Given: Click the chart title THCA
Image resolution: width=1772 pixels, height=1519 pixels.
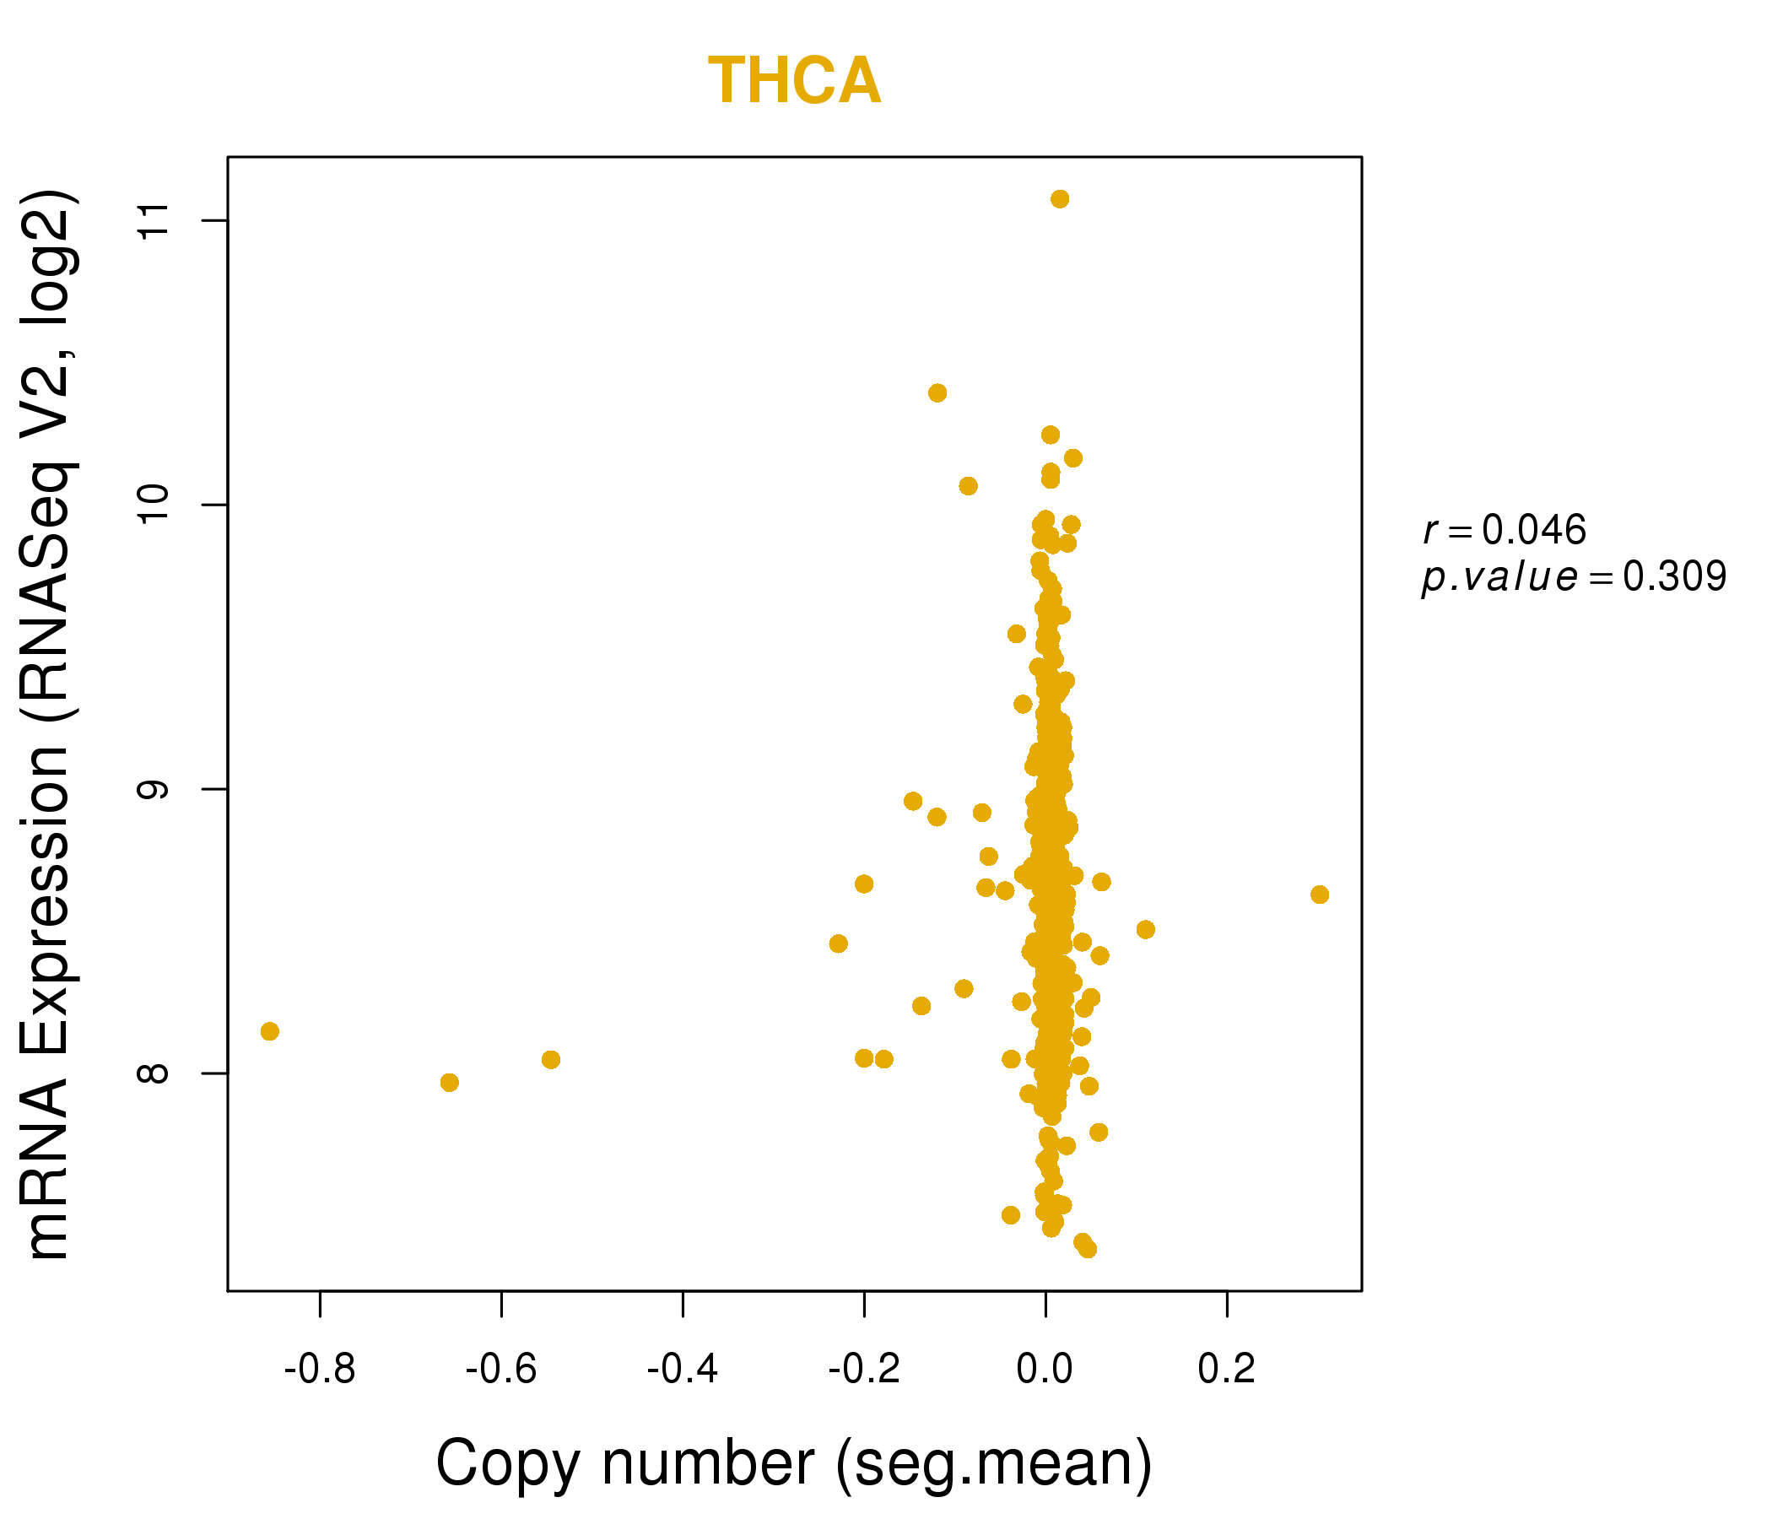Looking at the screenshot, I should (x=794, y=81).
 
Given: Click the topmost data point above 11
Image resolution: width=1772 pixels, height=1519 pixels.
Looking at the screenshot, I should (x=1060, y=199).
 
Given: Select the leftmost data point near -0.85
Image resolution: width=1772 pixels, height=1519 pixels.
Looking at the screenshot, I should (x=269, y=1031).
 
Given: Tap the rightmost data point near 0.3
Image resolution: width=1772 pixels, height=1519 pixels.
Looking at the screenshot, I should (x=1320, y=895).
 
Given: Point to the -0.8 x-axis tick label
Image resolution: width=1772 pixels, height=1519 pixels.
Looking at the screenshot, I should (x=319, y=1370).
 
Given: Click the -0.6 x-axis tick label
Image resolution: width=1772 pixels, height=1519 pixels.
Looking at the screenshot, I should (x=500, y=1370).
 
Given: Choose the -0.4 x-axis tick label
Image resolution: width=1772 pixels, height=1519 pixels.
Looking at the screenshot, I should (x=683, y=1370).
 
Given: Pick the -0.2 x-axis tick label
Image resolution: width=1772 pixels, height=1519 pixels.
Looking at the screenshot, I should (x=864, y=1370).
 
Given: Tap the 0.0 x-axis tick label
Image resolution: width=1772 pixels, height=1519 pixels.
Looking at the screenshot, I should (x=1045, y=1370).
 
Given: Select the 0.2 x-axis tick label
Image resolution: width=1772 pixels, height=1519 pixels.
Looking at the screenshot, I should (x=1226, y=1370).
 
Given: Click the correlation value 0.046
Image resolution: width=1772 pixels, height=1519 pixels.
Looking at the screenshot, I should (x=1534, y=530).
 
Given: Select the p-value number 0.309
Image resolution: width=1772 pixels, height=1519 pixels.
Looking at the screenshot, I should (x=1674, y=577).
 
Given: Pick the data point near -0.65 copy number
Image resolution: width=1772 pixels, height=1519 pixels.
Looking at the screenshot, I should (x=449, y=1083).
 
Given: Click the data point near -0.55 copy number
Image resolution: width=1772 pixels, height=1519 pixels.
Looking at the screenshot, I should (x=551, y=1060).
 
